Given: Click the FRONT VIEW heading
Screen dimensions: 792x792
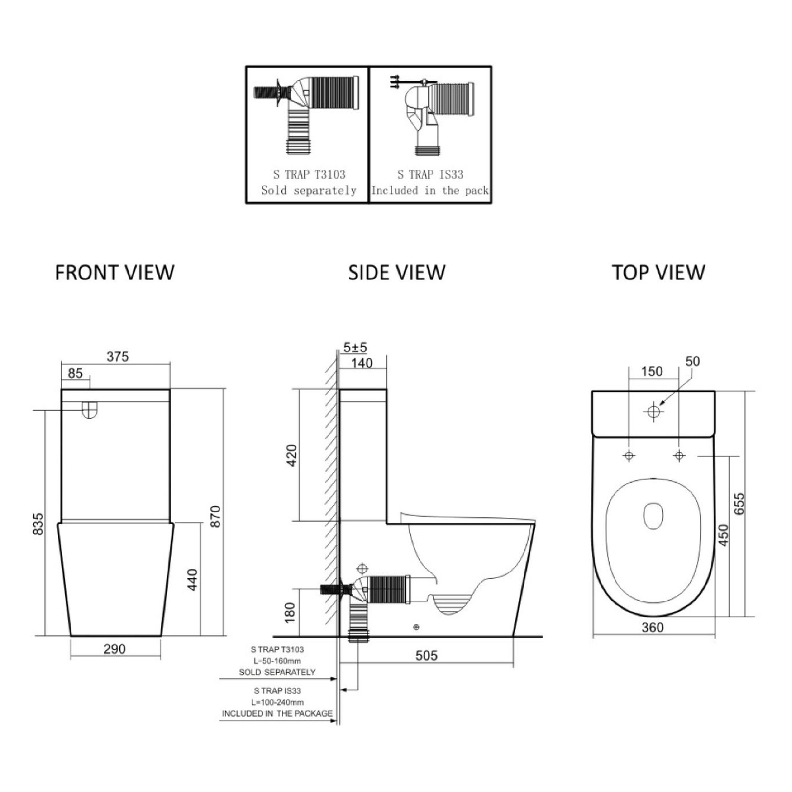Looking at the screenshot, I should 115,273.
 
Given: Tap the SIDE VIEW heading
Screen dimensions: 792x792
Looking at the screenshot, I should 396,273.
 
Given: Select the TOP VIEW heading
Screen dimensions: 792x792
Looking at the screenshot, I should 659,273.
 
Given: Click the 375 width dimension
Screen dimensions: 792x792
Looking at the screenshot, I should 118,357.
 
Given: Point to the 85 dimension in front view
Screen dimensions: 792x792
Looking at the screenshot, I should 75,374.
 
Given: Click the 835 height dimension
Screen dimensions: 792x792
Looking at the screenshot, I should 38,524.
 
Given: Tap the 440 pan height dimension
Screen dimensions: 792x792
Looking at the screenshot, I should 192,580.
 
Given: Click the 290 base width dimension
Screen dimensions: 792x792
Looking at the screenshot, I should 114,649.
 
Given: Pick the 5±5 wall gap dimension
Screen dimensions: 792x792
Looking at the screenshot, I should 355,348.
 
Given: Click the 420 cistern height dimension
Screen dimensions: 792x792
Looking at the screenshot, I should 292,455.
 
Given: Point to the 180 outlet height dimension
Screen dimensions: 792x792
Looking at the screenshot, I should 290,613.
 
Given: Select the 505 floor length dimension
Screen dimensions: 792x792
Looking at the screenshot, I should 427,656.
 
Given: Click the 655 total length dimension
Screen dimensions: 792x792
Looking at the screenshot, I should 738,503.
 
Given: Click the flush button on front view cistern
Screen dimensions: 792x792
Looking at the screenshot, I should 90,409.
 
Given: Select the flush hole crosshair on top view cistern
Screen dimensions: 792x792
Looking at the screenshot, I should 654,411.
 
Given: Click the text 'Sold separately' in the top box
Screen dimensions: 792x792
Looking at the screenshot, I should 308,190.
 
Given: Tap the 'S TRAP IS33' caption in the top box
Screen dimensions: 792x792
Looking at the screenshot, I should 430,175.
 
